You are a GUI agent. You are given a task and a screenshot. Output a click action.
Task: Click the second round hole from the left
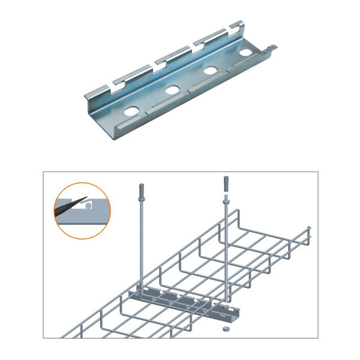click(173, 91)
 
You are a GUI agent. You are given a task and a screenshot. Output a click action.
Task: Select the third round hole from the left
click(211, 71)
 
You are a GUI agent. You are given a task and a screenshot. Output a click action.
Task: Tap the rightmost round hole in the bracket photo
click(246, 53)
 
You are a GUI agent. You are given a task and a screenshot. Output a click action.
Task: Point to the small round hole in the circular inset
click(88, 205)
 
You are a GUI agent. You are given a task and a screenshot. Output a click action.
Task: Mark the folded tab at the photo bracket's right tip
click(271, 47)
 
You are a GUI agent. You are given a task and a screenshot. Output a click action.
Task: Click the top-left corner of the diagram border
click(43, 172)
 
